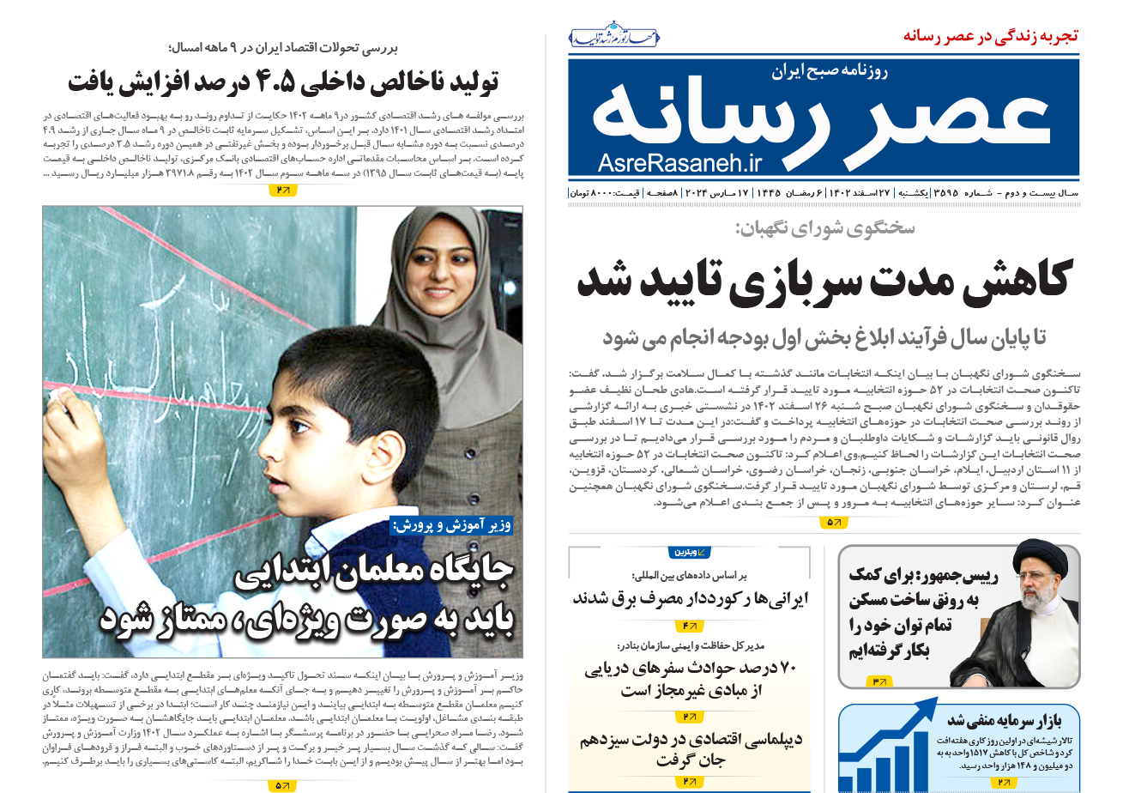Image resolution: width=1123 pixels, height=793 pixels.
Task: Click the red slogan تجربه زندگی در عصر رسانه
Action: (x=991, y=36)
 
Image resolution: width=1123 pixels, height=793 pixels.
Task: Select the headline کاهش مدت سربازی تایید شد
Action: (x=823, y=280)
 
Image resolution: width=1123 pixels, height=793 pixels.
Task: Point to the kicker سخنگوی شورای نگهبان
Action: (x=824, y=228)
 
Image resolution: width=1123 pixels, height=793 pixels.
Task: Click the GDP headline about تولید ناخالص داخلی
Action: (x=282, y=82)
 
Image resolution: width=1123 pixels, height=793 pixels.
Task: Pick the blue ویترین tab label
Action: (x=689, y=552)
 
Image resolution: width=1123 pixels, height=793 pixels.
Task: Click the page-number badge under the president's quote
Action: (x=880, y=681)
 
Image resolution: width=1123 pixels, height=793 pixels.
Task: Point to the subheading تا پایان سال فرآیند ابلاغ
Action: (x=823, y=337)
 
